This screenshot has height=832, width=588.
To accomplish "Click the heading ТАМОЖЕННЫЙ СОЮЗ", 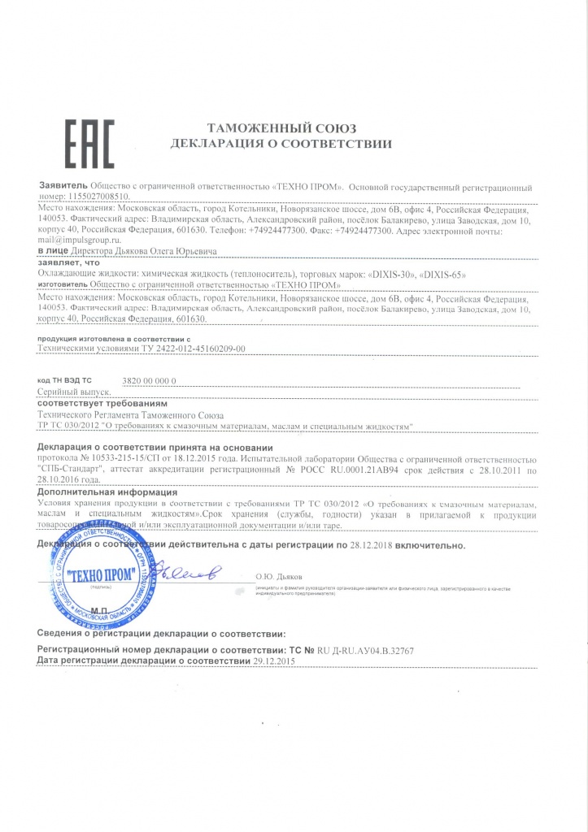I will [x=282, y=129].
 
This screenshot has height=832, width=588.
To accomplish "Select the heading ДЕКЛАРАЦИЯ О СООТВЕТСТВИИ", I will [x=281, y=145].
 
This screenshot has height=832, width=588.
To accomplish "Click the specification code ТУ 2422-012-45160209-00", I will [x=187, y=348].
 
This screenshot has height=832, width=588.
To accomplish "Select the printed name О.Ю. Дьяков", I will [x=280, y=578].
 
